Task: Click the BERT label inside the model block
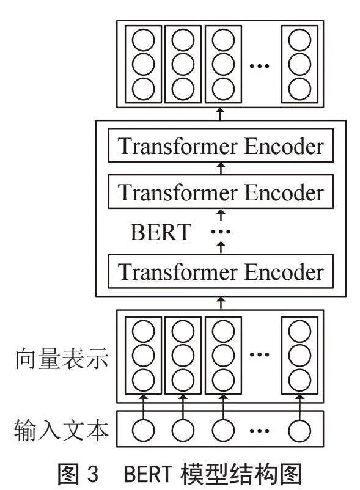click(x=161, y=232)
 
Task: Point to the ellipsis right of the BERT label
click(x=221, y=232)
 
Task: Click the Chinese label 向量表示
click(x=62, y=359)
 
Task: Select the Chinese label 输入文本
click(x=61, y=430)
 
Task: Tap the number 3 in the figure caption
click(x=93, y=474)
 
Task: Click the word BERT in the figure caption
click(x=148, y=474)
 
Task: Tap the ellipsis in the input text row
click(x=260, y=431)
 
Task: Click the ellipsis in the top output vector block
click(x=260, y=65)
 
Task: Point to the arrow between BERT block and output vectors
click(x=221, y=114)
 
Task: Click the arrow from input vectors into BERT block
click(x=221, y=303)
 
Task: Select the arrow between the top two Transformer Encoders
click(x=221, y=169)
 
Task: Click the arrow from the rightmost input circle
click(x=299, y=407)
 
